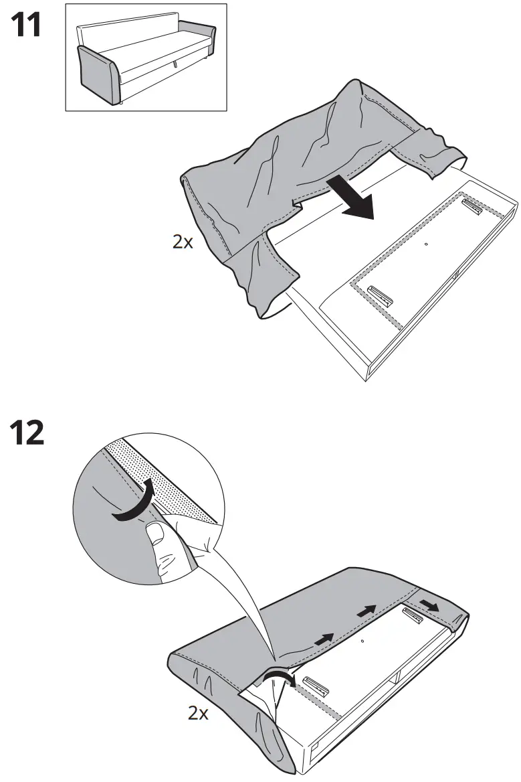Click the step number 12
(x=27, y=433)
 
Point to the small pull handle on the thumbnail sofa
(x=175, y=64)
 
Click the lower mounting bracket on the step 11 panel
(x=379, y=295)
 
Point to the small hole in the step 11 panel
(x=426, y=244)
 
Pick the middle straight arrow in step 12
(x=364, y=611)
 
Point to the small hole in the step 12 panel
(x=362, y=641)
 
